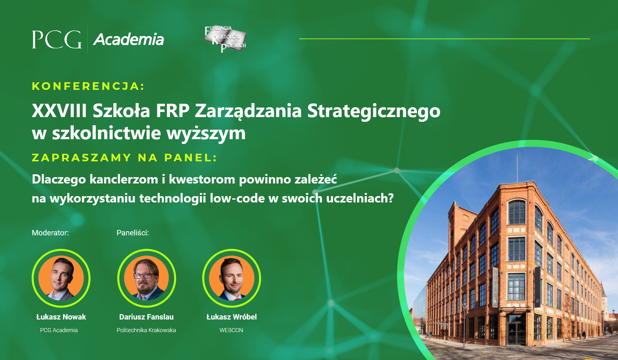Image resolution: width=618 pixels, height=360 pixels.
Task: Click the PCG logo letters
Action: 57,39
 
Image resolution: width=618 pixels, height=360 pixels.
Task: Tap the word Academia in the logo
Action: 129,40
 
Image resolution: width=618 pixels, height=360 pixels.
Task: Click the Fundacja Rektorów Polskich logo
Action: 225,39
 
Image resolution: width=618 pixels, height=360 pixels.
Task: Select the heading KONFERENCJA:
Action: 88,86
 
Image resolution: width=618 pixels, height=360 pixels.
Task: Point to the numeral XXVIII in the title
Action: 59,111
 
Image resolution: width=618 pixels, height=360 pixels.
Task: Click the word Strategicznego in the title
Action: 374,112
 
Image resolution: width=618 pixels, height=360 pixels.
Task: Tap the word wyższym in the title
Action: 206,133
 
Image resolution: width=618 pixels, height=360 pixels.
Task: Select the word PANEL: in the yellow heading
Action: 191,158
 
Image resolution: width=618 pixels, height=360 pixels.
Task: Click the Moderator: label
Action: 50,233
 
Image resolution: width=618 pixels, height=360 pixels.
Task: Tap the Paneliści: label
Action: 133,233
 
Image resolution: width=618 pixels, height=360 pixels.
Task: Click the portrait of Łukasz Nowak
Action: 61,278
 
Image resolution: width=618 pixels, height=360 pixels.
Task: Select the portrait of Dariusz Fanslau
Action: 147,278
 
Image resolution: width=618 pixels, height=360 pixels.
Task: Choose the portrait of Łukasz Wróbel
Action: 231,278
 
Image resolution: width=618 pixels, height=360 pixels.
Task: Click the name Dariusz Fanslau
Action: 146,317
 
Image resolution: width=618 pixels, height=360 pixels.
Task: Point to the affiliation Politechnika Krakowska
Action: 146,330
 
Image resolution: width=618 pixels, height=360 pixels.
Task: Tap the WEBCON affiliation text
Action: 231,330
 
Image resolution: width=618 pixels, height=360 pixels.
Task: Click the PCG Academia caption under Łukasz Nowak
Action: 59,330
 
